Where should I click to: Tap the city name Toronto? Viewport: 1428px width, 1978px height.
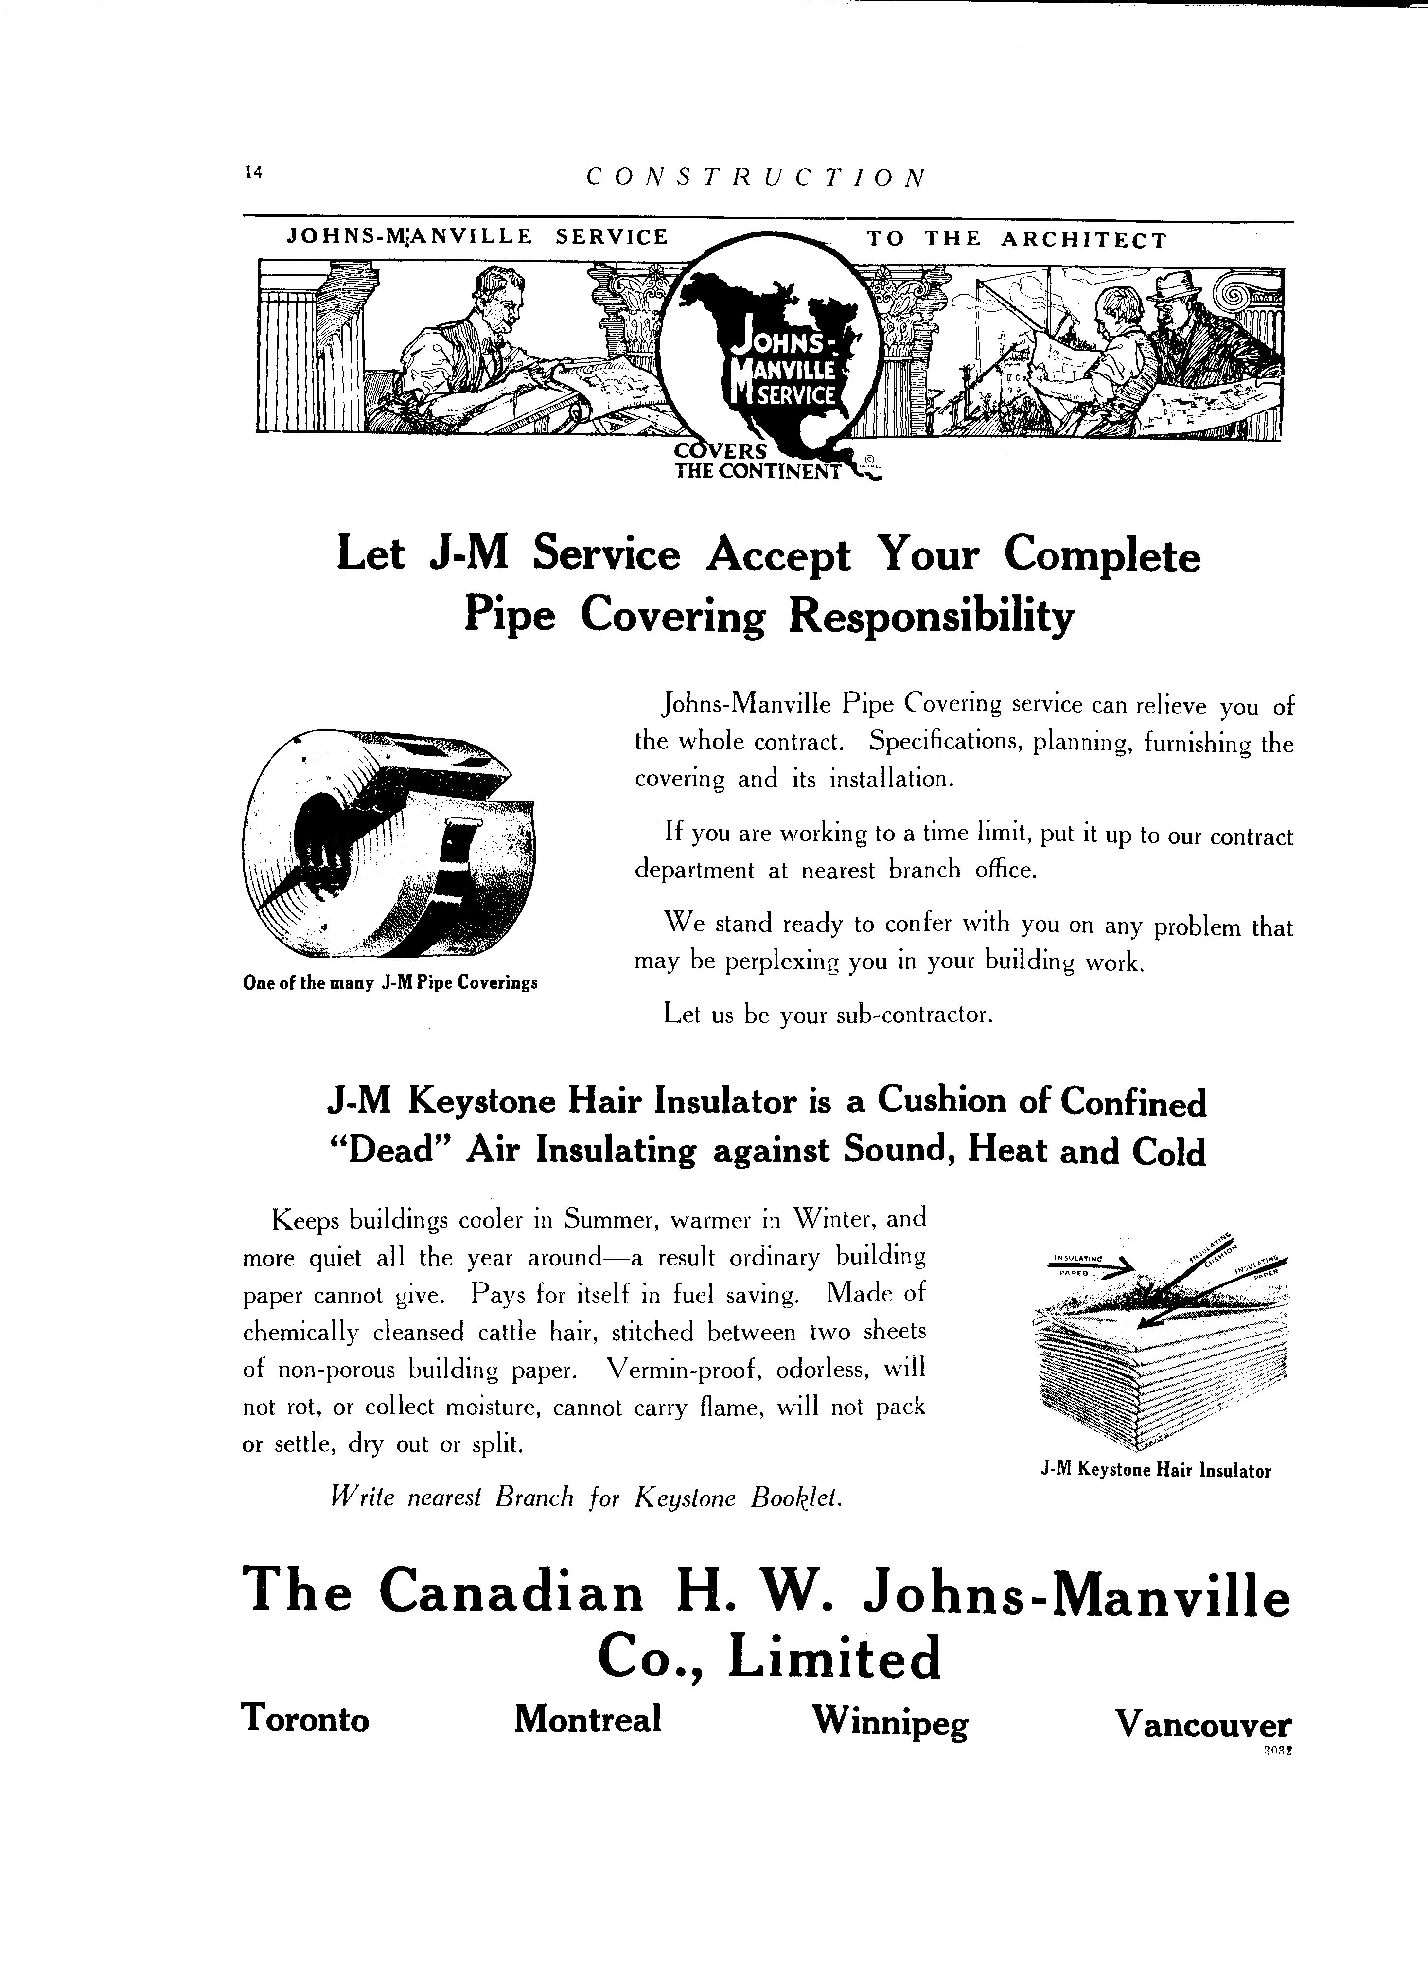pyautogui.click(x=305, y=1719)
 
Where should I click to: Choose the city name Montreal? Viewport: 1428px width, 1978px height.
pyautogui.click(x=588, y=1719)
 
